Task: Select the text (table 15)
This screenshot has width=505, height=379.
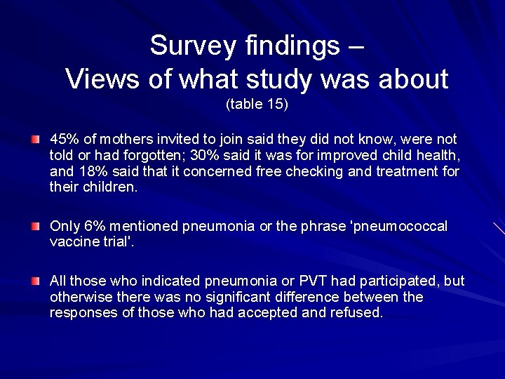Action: (x=257, y=105)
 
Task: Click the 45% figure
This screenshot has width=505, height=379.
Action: (x=62, y=138)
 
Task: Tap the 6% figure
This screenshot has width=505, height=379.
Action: (x=93, y=226)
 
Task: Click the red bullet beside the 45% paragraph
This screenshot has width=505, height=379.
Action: (x=35, y=139)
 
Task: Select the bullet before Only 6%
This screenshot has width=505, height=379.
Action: (x=35, y=227)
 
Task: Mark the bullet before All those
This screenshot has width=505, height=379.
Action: (x=35, y=281)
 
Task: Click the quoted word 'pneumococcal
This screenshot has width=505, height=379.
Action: (x=398, y=226)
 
